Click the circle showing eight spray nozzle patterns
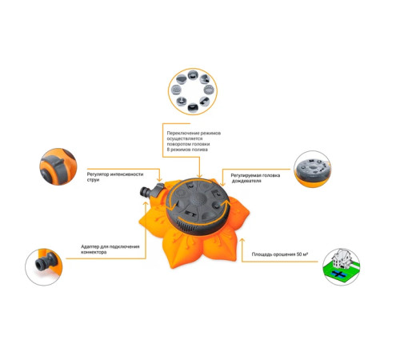pos(193,91)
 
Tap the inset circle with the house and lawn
pos(342,267)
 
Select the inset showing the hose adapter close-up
pos(44,267)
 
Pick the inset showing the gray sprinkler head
pos(313,169)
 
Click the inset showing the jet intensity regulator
pos(58,166)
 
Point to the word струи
pos(93,180)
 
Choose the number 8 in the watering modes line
pos(168,150)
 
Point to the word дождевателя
pos(246,181)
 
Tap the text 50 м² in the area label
pos(302,254)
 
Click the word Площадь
pos(262,254)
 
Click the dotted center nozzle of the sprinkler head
pos(198,198)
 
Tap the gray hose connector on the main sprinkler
pos(146,191)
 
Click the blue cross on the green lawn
pos(338,274)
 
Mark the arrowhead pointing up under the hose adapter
pos(146,204)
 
